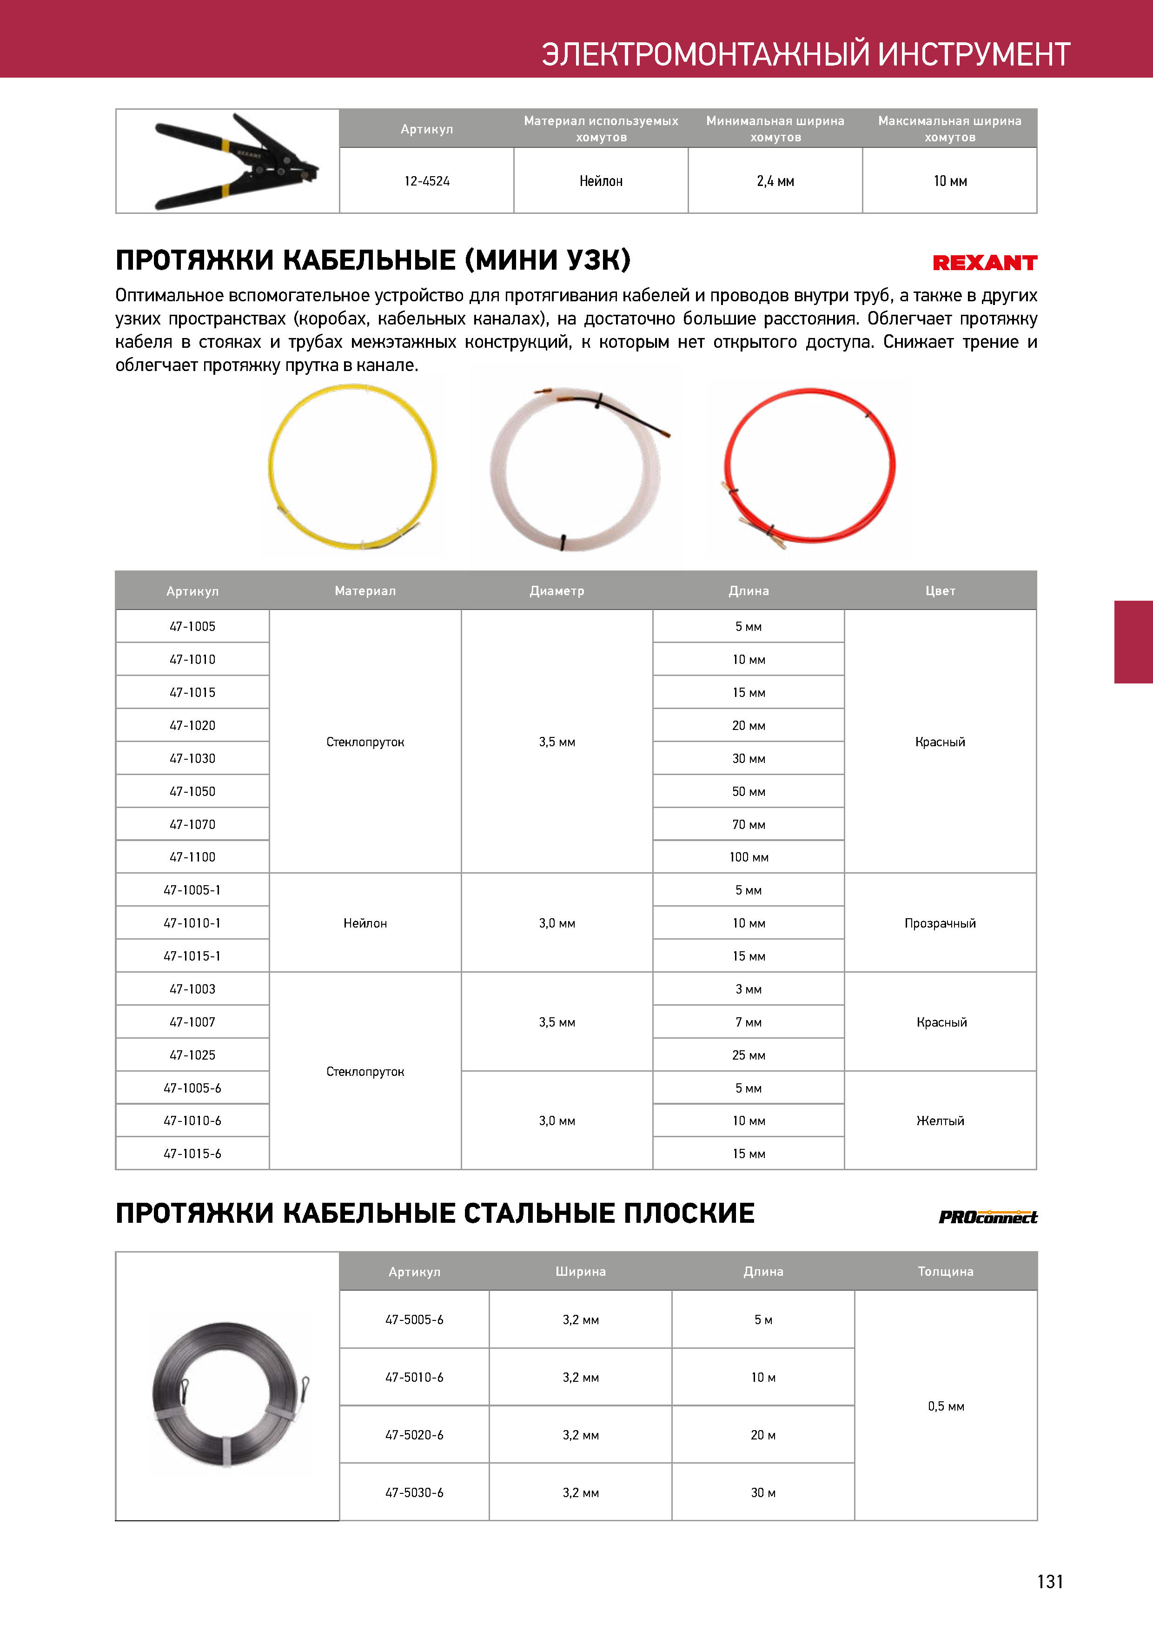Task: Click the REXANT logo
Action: click(x=985, y=263)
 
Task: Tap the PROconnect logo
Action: click(x=987, y=1217)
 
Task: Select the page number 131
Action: click(x=1050, y=1581)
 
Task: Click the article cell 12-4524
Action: click(x=427, y=181)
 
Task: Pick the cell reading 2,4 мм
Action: click(x=775, y=181)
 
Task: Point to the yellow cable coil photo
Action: click(x=353, y=466)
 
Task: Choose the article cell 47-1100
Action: click(x=192, y=857)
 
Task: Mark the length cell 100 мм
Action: click(x=749, y=857)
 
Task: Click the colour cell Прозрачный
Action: click(x=940, y=923)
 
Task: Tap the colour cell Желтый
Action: click(x=940, y=1120)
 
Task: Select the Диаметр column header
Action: click(x=557, y=590)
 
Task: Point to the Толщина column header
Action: click(x=946, y=1271)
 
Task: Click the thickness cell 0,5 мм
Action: click(x=946, y=1406)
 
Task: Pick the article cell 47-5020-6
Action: click(x=414, y=1435)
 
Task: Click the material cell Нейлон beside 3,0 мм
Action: click(x=365, y=923)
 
